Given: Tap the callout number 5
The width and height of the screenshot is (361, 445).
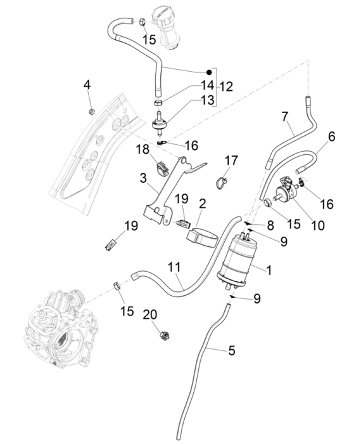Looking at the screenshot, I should pos(231,349).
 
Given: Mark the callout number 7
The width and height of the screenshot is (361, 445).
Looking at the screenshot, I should pos(285,116).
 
